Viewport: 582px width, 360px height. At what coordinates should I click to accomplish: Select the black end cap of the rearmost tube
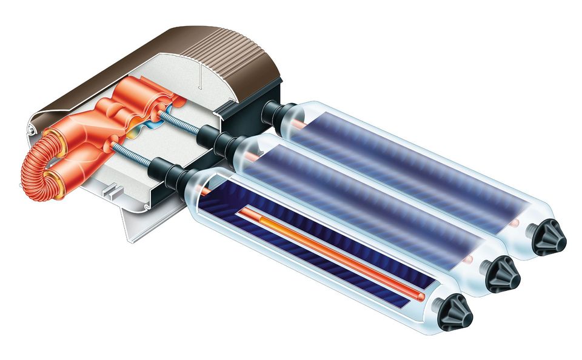548,239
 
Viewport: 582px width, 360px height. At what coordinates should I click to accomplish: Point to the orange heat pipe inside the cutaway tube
327,249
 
